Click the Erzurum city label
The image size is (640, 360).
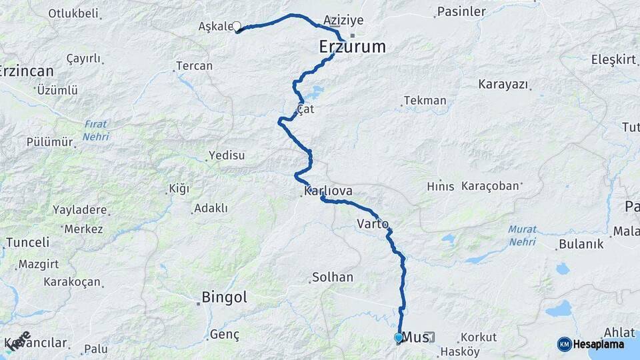[353, 47]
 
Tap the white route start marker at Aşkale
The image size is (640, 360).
[236, 27]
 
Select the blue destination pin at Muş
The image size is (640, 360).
[399, 338]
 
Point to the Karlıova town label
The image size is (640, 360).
[328, 191]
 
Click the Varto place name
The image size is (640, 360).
[373, 223]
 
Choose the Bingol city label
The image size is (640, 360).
[225, 297]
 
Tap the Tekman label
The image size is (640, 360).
[425, 101]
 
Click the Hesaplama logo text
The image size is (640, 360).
[598, 345]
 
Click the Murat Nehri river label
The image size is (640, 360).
[522, 235]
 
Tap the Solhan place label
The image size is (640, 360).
[333, 277]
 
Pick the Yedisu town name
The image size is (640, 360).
[227, 155]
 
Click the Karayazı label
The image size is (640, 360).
[503, 85]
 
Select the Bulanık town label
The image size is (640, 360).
[582, 244]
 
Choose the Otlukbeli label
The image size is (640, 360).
[73, 13]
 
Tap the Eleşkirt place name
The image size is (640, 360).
[613, 59]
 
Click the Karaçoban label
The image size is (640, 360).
[490, 187]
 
